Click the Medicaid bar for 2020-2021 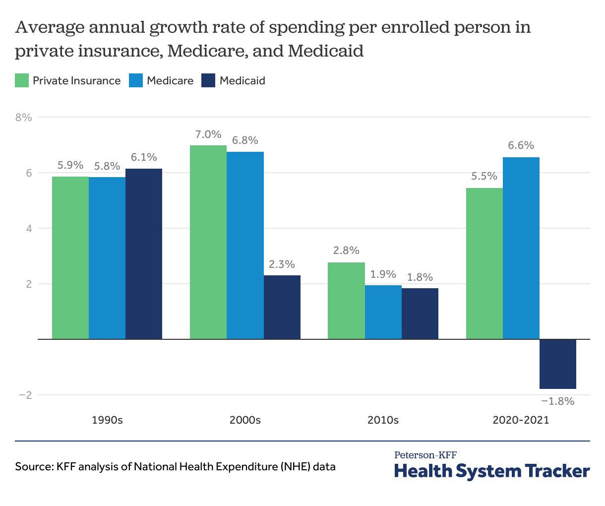click(x=557, y=364)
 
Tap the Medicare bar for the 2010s click(x=383, y=313)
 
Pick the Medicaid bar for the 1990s click(x=144, y=254)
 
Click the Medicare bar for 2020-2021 click(x=521, y=248)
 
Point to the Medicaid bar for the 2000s click(x=282, y=307)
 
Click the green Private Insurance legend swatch click(x=22, y=80)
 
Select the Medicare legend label click(x=170, y=80)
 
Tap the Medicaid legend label click(x=242, y=80)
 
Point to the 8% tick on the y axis click(x=23, y=118)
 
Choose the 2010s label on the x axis click(x=383, y=420)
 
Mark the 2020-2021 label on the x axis click(x=521, y=420)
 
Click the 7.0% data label click(x=208, y=134)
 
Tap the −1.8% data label click(x=557, y=401)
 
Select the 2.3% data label click(x=282, y=264)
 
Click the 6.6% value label click(x=521, y=146)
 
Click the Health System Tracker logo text click(x=492, y=470)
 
